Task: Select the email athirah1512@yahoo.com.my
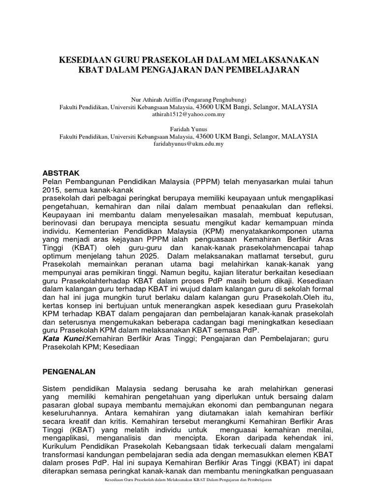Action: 189,114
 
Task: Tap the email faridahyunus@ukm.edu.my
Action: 189,144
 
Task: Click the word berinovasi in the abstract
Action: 57,222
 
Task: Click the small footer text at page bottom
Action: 189,493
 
